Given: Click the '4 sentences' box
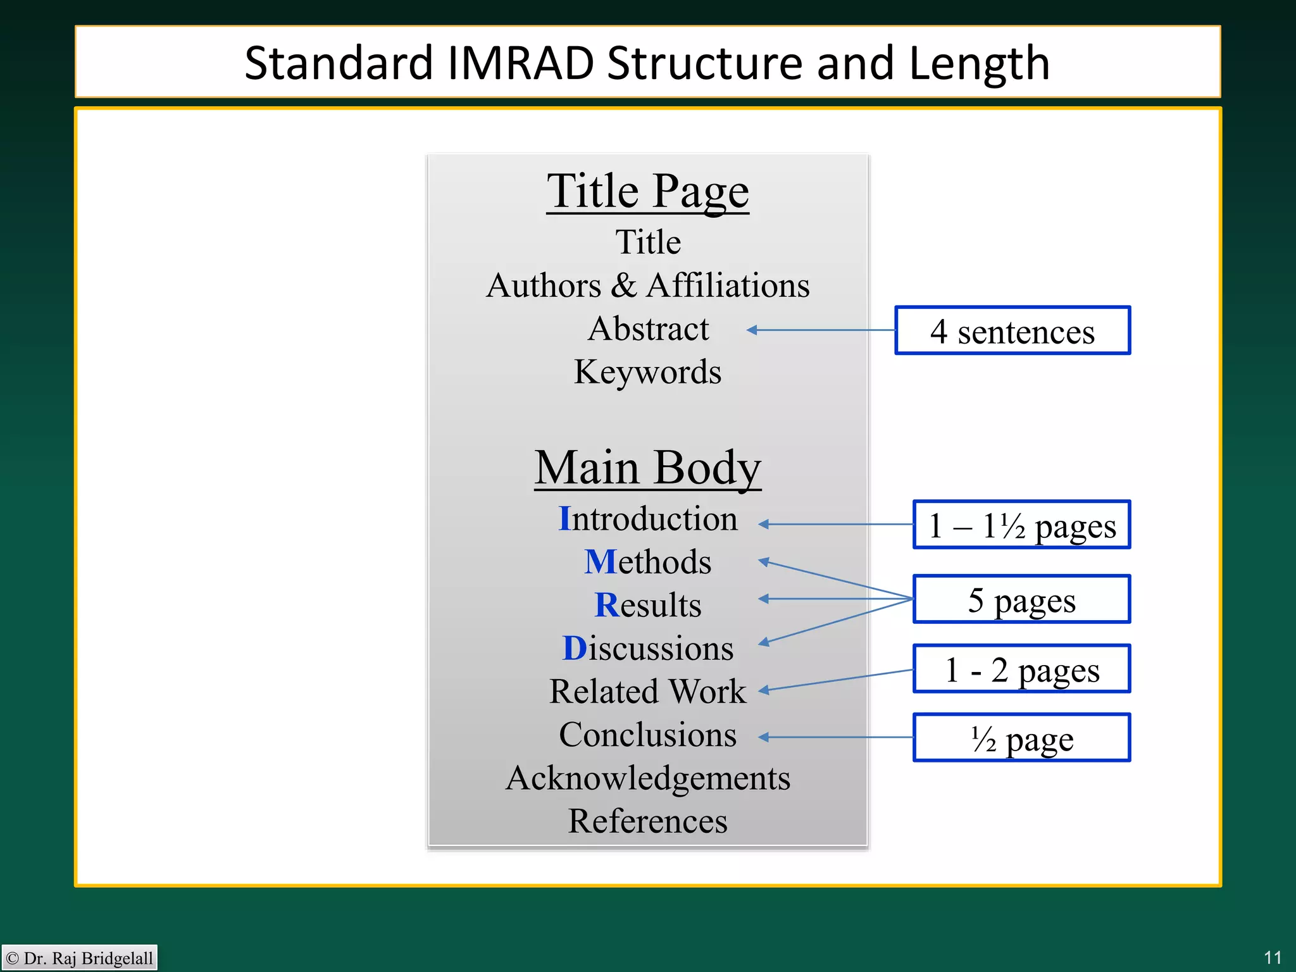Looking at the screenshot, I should point(1012,331).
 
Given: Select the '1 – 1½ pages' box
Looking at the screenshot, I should point(1021,525).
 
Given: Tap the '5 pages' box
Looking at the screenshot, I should point(1021,599).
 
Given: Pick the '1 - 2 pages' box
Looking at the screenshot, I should point(1021,669).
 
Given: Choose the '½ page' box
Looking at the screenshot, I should point(1021,738).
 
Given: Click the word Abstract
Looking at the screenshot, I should point(648,329).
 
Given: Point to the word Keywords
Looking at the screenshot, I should point(647,372).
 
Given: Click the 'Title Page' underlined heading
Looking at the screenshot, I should point(647,190).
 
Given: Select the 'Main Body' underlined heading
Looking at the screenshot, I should point(647,468).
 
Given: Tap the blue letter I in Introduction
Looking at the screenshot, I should point(564,519).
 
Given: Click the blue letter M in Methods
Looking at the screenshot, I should point(600,562).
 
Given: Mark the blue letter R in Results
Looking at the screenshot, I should point(606,605).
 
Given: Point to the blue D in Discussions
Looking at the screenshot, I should point(575,649).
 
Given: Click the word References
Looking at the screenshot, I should point(647,821).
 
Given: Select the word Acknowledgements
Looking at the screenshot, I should point(647,778).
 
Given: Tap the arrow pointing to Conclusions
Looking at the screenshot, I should point(835,737).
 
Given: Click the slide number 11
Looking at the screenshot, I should point(1273,957).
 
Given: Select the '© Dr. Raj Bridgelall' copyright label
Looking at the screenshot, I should point(80,958).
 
